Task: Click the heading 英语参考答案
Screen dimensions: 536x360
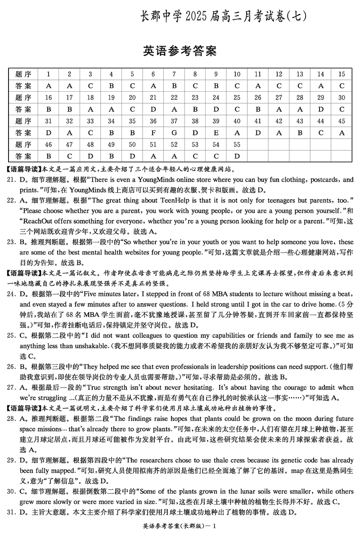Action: pyautogui.click(x=180, y=51)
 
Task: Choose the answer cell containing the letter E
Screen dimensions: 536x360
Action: pyautogui.click(x=216, y=133)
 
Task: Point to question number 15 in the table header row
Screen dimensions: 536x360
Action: pyautogui.click(x=342, y=74)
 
